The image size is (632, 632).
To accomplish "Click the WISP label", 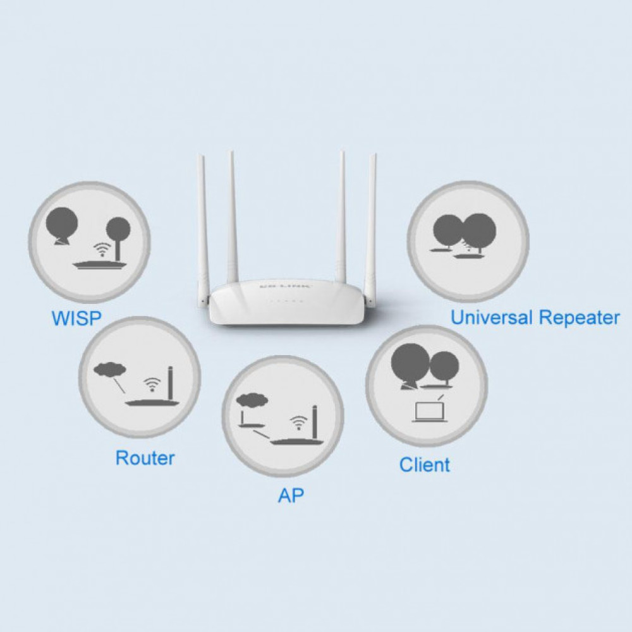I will pos(76,318).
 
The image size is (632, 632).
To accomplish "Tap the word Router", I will pos(145,458).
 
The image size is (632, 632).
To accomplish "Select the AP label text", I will pos(291,495).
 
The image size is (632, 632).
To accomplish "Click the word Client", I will pos(425,465).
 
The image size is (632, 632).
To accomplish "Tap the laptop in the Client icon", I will pos(430,412).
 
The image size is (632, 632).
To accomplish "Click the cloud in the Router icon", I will pos(109,368).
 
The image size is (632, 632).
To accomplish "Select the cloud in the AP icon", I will pos(253,399).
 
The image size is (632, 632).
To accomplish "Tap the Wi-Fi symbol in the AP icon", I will pos(298,422).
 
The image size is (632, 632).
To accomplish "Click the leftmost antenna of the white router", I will pos(203,228).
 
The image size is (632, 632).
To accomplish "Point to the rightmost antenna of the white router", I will pos(371,228).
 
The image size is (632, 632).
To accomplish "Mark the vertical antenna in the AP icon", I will pos(315,422).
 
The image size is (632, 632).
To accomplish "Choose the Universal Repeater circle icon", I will pos(468,242).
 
